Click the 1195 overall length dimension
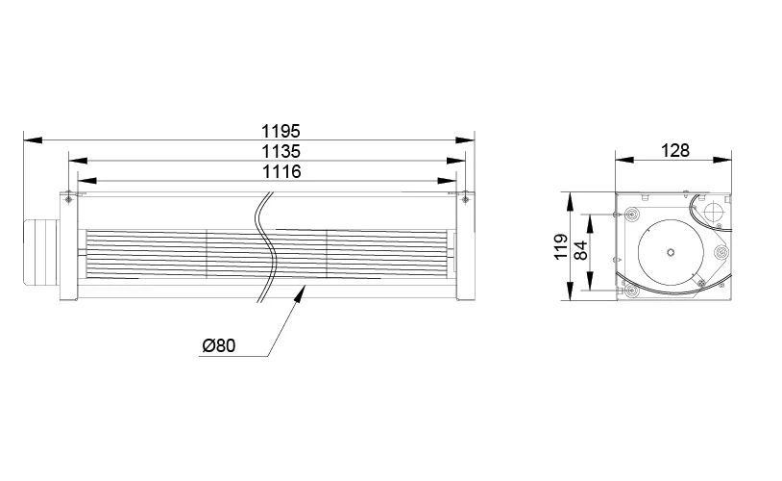[281, 131]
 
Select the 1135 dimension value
[281, 151]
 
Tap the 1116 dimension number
[281, 171]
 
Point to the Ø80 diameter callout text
[218, 345]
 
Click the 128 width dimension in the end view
[674, 150]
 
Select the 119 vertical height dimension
[562, 246]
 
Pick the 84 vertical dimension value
[580, 250]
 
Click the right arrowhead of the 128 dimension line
[722, 160]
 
